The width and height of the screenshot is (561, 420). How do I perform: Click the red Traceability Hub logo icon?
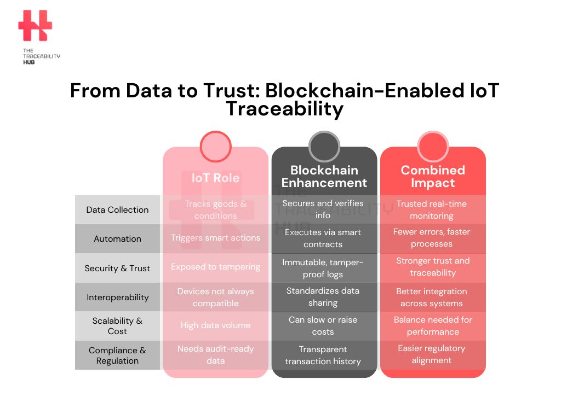click(35, 25)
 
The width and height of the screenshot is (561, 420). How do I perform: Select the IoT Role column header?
click(215, 178)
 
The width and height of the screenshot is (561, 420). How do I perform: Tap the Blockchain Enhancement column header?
click(324, 177)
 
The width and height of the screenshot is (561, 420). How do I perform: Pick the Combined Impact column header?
click(433, 177)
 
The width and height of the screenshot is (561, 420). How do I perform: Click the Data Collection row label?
click(117, 209)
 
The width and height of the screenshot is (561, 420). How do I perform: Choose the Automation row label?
click(117, 238)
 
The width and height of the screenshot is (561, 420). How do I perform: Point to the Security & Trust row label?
click(117, 268)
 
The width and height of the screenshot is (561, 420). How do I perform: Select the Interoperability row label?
click(117, 297)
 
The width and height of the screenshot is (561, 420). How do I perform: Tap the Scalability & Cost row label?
click(117, 326)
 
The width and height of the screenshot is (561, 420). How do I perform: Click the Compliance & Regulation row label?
click(117, 355)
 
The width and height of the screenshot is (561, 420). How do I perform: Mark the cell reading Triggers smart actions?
click(215, 238)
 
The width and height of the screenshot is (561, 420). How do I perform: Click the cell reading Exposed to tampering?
click(215, 267)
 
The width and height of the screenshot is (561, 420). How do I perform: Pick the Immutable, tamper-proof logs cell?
click(323, 268)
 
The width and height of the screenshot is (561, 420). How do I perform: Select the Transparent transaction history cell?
click(323, 355)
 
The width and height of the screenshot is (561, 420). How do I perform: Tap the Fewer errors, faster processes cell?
click(432, 238)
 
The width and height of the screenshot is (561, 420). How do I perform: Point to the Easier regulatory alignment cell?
click(432, 354)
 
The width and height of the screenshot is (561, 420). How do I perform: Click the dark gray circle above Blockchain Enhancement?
click(324, 147)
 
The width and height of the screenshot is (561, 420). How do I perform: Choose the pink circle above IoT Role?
click(215, 147)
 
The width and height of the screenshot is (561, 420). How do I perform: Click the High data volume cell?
click(215, 325)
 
